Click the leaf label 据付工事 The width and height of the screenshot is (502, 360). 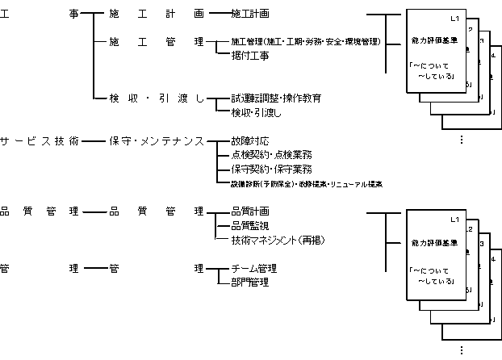(x=249, y=56)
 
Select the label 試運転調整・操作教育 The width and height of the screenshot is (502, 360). (x=276, y=98)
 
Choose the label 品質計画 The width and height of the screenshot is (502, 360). (x=250, y=211)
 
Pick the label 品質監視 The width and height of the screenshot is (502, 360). (x=250, y=225)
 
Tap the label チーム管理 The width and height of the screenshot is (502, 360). (x=253, y=268)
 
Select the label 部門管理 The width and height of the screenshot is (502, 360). (x=249, y=283)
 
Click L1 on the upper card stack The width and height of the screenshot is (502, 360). (x=454, y=18)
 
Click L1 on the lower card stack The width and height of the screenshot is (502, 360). (x=454, y=220)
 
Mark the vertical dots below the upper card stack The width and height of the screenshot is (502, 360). (x=461, y=139)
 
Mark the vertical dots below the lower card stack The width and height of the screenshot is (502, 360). (x=461, y=350)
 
